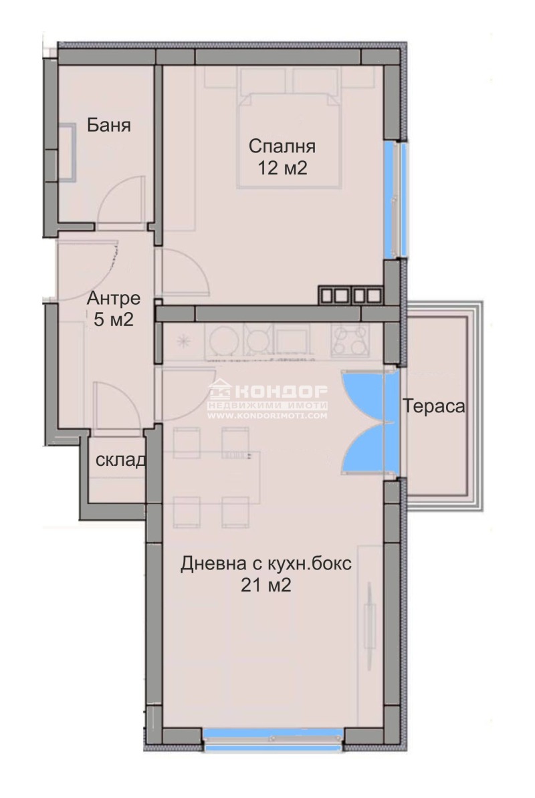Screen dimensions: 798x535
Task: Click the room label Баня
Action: point(108,126)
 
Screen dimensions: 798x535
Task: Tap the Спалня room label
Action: point(282,146)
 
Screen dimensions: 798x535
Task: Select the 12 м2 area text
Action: point(282,168)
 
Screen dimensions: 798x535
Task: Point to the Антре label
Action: point(114,298)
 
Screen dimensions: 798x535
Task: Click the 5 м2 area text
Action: point(114,319)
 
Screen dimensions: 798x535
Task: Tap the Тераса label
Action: point(433,406)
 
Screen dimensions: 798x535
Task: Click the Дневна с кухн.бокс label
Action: point(265,563)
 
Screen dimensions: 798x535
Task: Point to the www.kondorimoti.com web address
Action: point(267,416)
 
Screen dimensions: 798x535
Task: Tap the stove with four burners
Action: point(350,339)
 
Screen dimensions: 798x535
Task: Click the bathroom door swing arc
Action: point(120,201)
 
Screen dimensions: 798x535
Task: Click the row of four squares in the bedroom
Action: point(350,295)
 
